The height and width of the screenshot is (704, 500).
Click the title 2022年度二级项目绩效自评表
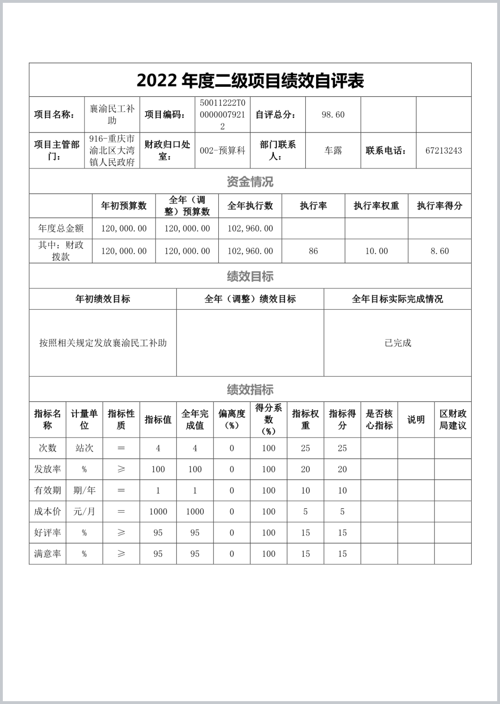(x=250, y=81)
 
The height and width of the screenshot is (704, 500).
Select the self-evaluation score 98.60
(x=333, y=115)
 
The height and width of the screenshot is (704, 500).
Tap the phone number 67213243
(x=443, y=151)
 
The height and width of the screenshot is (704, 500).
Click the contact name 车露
(x=333, y=151)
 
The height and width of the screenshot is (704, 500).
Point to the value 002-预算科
(x=223, y=151)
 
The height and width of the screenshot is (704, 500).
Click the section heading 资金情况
(x=250, y=182)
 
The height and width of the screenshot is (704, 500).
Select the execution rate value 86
(x=313, y=251)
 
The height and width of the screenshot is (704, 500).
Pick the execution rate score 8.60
(x=440, y=251)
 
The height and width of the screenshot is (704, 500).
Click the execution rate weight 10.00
(x=376, y=251)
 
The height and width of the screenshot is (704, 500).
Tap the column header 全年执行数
(x=250, y=206)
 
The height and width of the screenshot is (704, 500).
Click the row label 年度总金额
(x=61, y=229)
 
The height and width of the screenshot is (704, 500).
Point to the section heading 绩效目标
(x=250, y=276)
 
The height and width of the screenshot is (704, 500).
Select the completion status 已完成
(x=398, y=343)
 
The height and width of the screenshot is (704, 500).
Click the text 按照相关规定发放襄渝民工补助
(x=103, y=343)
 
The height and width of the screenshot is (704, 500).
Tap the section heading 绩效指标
(x=250, y=389)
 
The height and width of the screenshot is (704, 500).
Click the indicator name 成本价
(x=48, y=512)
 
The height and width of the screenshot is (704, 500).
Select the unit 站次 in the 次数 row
(x=84, y=448)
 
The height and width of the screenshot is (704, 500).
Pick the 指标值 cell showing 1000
(x=158, y=512)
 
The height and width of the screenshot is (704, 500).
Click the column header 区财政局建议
(x=453, y=420)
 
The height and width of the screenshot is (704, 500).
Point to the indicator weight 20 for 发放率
(x=306, y=469)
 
